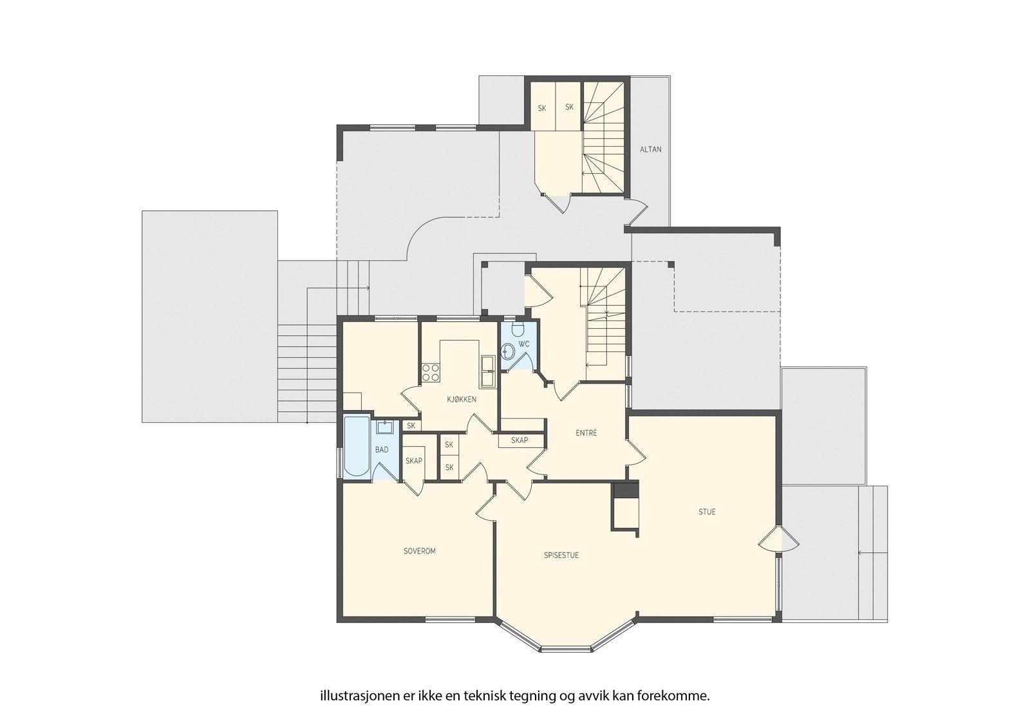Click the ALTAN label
650,149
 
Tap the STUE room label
707,512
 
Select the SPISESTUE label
561,555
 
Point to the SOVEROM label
420,551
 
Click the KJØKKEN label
462,400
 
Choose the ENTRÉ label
586,433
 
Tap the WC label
524,344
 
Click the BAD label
382,450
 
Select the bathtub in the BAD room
357,447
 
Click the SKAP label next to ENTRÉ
520,441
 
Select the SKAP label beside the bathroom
414,461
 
